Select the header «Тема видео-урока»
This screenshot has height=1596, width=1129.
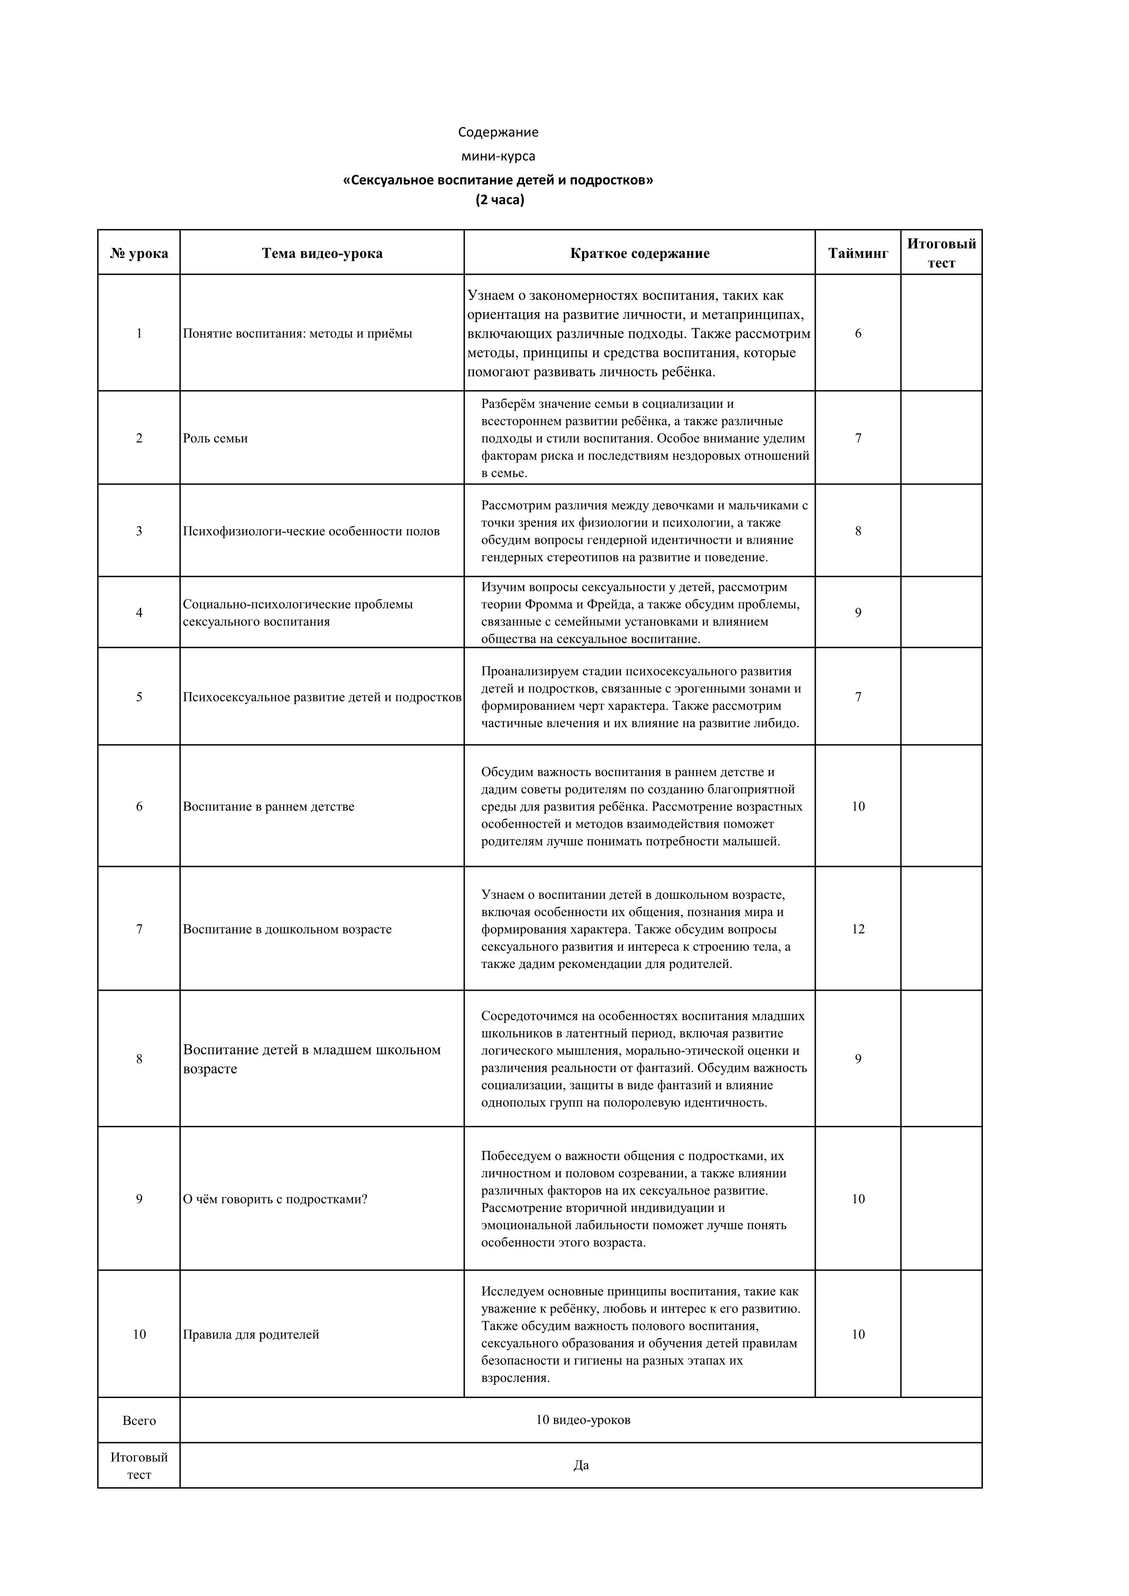322,253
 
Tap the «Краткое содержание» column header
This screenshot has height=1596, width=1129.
640,253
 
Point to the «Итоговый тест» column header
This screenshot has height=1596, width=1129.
941,253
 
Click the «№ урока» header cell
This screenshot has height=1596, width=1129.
139,253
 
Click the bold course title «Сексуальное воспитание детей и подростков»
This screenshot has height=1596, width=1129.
498,181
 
